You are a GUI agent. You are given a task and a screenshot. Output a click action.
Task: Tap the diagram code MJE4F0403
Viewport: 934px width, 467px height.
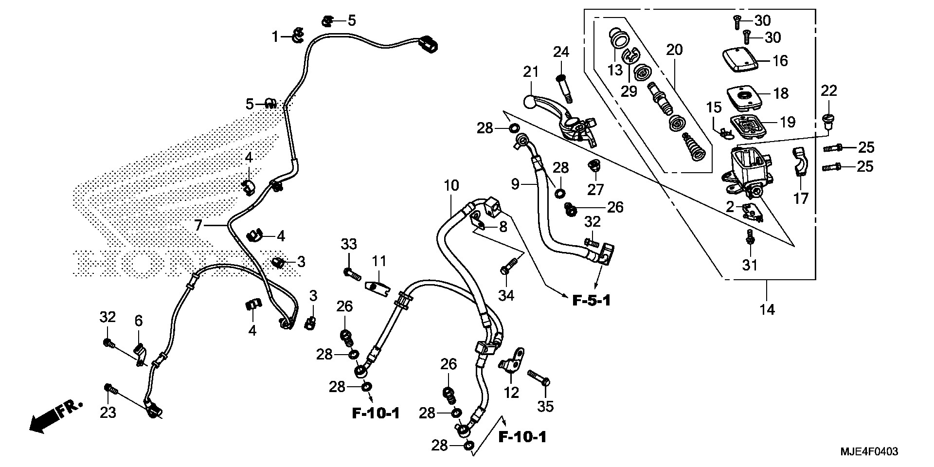868,452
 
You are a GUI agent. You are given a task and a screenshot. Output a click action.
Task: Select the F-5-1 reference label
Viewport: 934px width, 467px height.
591,301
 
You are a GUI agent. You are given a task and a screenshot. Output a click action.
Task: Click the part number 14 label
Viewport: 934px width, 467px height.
767,309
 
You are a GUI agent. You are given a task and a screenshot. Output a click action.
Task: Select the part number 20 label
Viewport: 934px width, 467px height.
674,49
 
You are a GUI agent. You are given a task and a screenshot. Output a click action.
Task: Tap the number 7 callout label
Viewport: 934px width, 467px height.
198,225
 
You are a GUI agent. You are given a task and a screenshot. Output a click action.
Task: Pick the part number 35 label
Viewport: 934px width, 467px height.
546,407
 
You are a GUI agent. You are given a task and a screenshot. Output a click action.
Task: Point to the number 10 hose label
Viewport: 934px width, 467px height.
451,185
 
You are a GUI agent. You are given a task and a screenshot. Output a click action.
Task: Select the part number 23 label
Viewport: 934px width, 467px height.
108,413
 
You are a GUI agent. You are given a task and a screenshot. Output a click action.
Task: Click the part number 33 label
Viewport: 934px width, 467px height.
349,244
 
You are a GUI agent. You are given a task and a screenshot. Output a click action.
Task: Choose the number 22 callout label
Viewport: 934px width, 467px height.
829,90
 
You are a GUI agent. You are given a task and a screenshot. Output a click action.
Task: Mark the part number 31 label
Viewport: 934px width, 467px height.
750,265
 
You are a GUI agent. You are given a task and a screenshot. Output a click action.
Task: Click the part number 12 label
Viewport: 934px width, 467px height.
511,392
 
